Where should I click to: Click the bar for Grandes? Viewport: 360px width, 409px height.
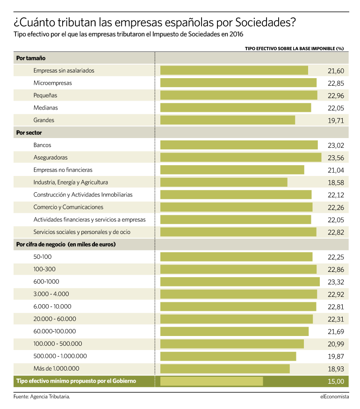(x=228, y=120)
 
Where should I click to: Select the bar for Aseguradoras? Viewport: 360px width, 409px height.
(x=241, y=158)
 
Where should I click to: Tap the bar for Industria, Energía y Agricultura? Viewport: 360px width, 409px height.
(x=224, y=183)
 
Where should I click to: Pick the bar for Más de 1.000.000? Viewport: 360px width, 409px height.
(x=225, y=369)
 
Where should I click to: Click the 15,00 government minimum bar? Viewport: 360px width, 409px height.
(x=212, y=381)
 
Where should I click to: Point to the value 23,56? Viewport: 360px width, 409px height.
(x=336, y=158)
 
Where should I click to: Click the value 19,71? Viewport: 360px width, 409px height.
(x=336, y=121)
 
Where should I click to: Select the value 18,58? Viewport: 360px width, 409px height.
(x=336, y=183)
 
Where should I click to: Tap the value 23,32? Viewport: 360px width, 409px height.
(x=336, y=282)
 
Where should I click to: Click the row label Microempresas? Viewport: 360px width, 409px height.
(x=53, y=83)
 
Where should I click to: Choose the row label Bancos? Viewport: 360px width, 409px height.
(x=42, y=145)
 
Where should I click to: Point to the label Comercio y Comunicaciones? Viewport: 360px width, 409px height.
(x=68, y=207)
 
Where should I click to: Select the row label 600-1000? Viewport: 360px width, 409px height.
(x=46, y=282)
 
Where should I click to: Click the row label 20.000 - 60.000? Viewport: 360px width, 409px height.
(x=55, y=319)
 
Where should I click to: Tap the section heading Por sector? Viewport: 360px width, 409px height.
(x=29, y=133)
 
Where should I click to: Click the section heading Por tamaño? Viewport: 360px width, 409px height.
(x=31, y=58)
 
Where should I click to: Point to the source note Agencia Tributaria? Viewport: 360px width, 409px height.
(x=50, y=397)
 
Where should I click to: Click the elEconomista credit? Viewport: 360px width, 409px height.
(x=335, y=397)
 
